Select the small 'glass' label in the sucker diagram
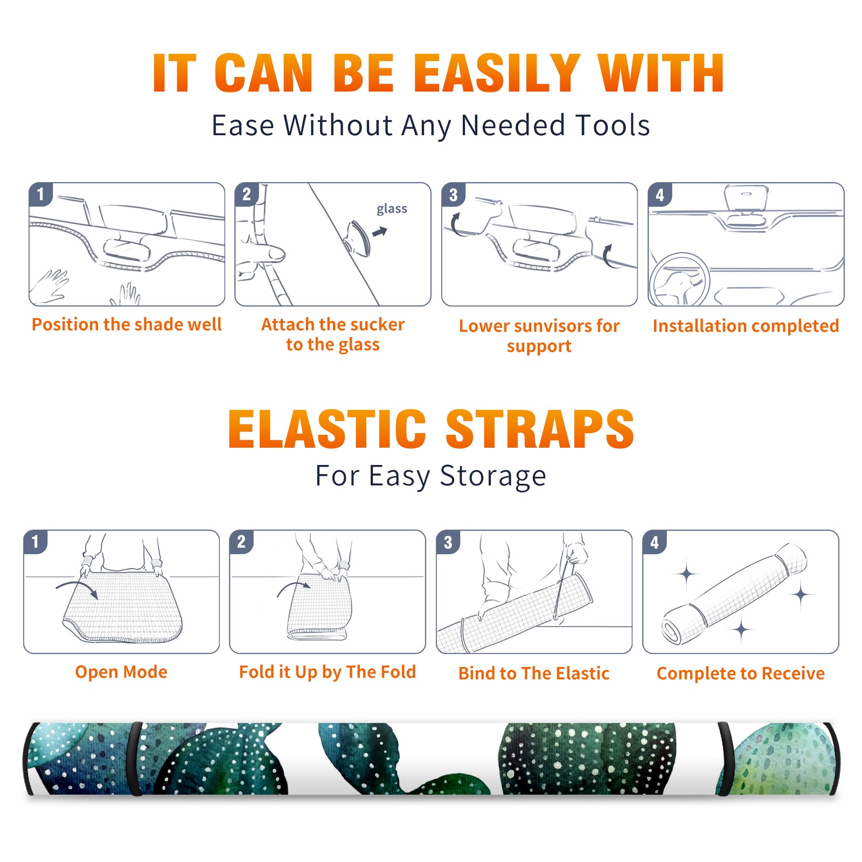coord(392,209)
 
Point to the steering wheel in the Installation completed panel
coord(679,280)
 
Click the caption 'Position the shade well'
coord(127,324)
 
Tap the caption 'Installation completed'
coord(746,325)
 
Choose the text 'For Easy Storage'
coord(431,476)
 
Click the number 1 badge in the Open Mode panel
coord(36,542)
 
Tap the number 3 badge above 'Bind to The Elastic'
coord(448,542)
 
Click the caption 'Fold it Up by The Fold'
coord(328,672)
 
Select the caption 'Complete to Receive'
coord(741,673)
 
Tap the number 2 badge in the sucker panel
coord(247,194)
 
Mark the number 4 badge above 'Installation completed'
coord(660,194)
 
